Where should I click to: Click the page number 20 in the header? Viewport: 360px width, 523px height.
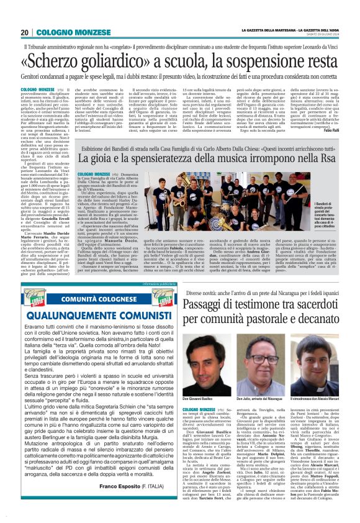tap(25, 32)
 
